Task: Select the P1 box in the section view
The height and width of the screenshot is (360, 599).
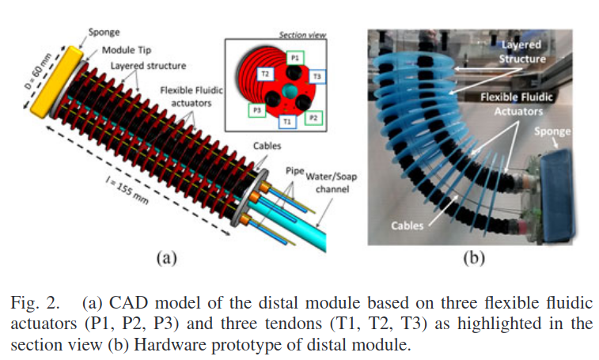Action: (x=294, y=59)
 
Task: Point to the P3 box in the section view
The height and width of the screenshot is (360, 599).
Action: (x=255, y=108)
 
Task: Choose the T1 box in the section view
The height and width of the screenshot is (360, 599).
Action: (x=287, y=121)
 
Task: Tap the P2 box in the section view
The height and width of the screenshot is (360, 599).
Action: (x=314, y=117)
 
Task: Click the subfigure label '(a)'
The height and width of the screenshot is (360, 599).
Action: (x=164, y=257)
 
